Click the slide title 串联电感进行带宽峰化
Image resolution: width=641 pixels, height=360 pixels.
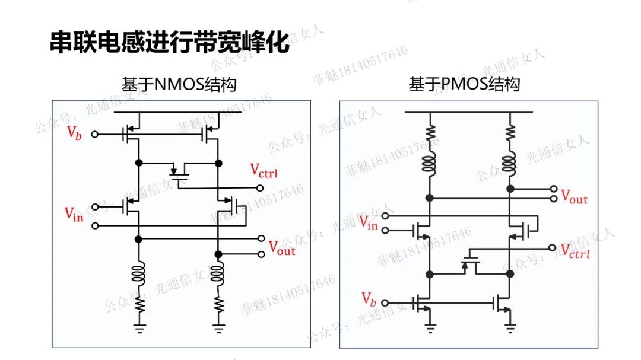[169, 43]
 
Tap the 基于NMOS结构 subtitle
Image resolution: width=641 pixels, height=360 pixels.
[179, 84]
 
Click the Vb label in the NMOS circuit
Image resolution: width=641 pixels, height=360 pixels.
[74, 133]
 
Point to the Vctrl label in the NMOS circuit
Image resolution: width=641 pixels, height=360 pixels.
[264, 172]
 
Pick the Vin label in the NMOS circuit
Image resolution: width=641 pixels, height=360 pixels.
[74, 214]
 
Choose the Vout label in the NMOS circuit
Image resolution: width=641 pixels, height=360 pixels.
[282, 248]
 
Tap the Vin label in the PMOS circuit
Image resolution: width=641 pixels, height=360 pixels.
[368, 224]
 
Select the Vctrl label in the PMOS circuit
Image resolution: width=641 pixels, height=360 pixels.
[575, 250]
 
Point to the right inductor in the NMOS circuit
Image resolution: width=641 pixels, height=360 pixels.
[219, 275]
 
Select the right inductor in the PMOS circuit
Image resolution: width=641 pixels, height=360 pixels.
[509, 162]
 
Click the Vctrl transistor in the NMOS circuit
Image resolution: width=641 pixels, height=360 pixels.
[178, 171]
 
